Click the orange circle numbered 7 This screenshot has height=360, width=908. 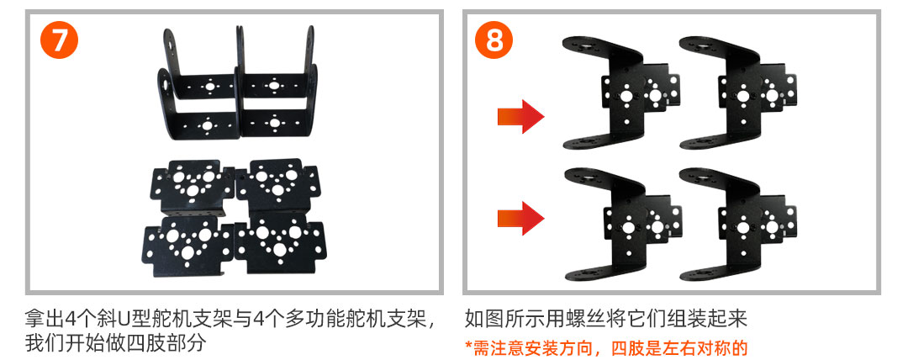[x=59, y=40]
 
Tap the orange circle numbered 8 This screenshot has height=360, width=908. [x=494, y=40]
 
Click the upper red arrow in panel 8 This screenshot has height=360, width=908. [x=520, y=117]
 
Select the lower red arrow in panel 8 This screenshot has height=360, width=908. [x=520, y=218]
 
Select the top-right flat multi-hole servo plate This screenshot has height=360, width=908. [x=277, y=186]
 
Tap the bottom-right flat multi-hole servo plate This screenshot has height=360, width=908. [x=280, y=242]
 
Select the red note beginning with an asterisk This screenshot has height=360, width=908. [x=606, y=348]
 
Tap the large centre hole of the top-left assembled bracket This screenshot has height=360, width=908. [x=626, y=96]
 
